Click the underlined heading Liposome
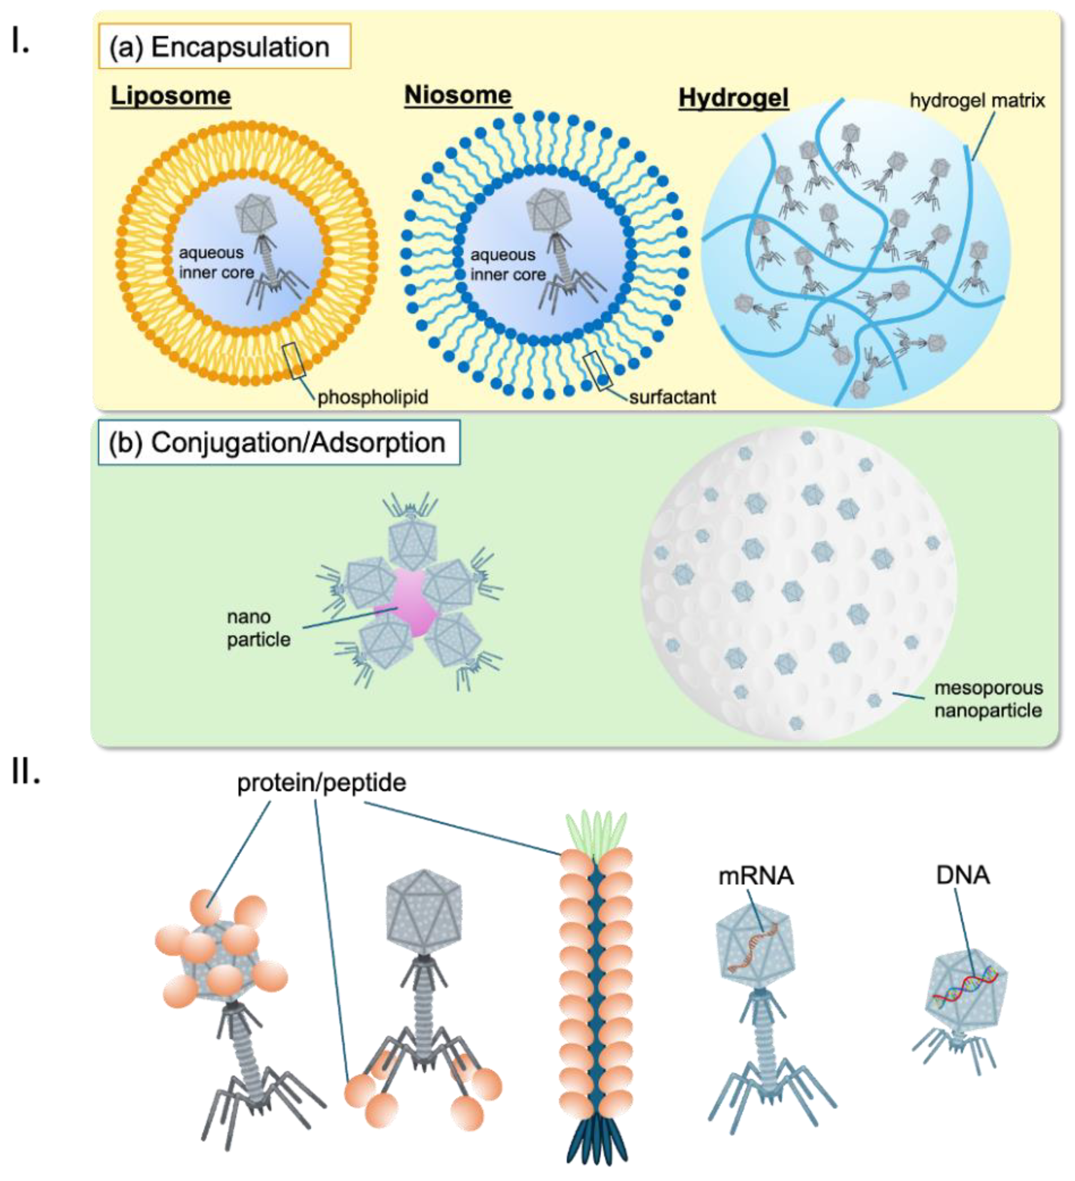click(171, 96)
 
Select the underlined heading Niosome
click(458, 95)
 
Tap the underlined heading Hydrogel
click(733, 98)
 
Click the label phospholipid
click(373, 397)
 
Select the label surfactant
click(672, 397)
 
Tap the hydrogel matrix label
click(977, 101)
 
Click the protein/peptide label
click(322, 783)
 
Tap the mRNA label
click(756, 876)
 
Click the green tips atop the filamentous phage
click(595, 828)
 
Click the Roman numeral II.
click(26, 774)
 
